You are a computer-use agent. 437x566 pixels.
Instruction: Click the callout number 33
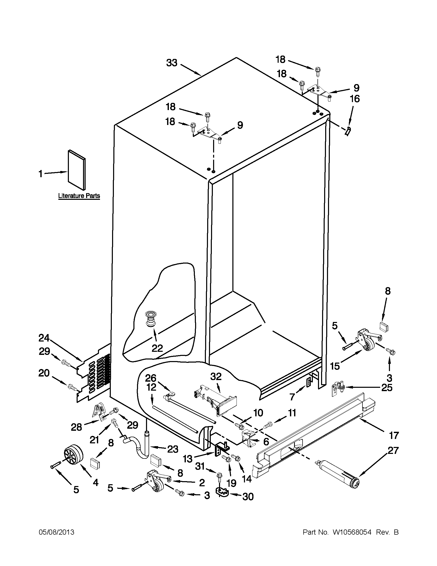[172, 63]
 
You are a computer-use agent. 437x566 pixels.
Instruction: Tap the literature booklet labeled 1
[77, 169]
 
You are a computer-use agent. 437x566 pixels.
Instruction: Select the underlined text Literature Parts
[79, 196]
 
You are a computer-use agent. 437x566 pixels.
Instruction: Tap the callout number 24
[44, 338]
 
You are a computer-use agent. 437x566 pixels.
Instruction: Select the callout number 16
[355, 99]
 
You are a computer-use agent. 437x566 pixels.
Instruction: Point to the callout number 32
[216, 376]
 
